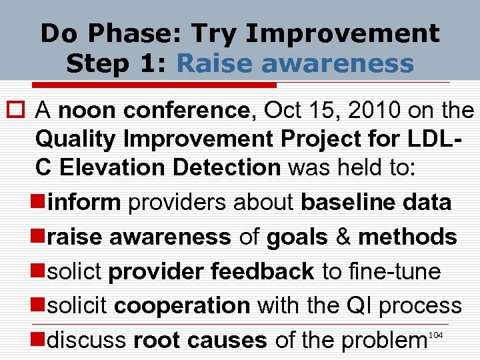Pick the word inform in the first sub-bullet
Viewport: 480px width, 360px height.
pos(85,202)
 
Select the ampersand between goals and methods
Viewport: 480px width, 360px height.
pos(343,237)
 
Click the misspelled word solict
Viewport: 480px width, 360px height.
pos(75,271)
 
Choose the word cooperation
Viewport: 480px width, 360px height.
pos(182,306)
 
